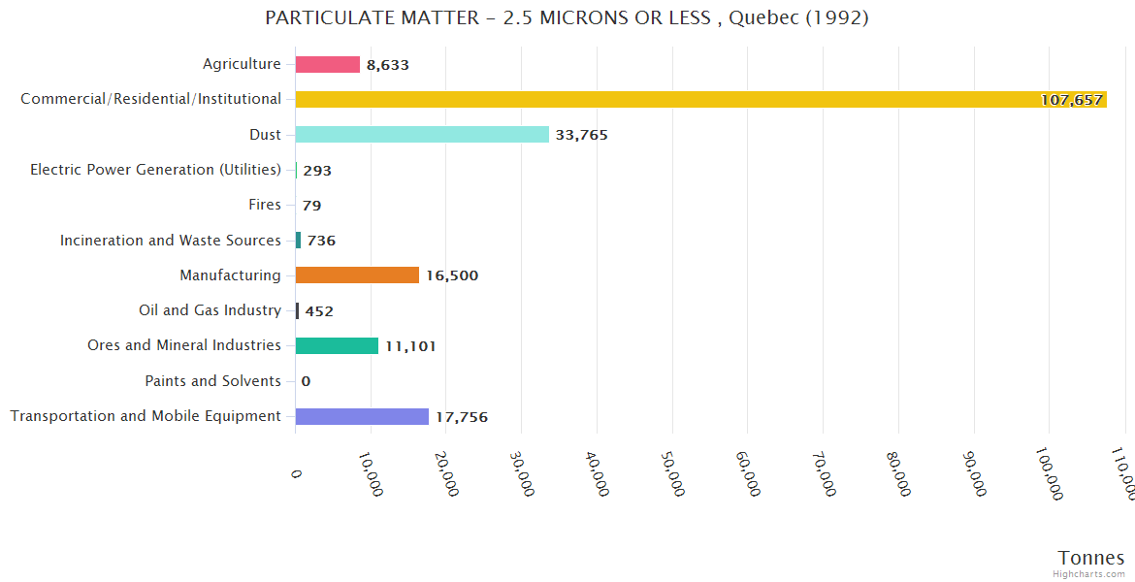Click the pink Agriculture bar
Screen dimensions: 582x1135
328,64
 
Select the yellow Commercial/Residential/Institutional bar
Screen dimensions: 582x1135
679,99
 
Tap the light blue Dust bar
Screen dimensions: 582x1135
422,135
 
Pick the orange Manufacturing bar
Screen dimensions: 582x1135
357,275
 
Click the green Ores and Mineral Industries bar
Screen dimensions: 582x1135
337,346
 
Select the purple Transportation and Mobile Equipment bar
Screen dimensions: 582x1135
362,416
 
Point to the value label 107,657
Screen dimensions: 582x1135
1072,100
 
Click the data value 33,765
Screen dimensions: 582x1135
582,135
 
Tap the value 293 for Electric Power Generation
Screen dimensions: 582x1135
317,171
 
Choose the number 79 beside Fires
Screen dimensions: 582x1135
311,206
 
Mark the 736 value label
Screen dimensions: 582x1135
321,241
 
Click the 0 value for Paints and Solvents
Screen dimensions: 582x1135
306,381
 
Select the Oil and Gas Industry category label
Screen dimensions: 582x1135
210,310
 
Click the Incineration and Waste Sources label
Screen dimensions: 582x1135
171,241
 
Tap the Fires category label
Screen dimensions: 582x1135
265,205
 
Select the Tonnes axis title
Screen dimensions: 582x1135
1091,558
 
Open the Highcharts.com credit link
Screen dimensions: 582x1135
1089,574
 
